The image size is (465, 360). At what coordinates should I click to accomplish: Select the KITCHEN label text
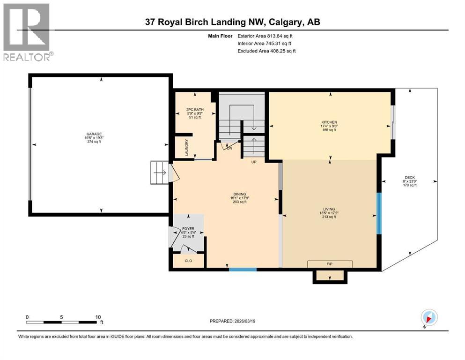click(329, 122)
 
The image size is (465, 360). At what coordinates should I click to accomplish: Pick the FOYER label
click(188, 229)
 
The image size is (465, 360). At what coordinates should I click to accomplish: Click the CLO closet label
click(188, 261)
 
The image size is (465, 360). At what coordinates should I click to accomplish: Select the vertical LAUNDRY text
click(186, 147)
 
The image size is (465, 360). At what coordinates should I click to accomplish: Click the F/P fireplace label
click(329, 264)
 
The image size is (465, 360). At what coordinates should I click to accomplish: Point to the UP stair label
click(254, 162)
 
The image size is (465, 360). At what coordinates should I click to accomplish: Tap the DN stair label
click(229, 148)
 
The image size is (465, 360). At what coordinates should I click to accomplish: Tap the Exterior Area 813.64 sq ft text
click(266, 36)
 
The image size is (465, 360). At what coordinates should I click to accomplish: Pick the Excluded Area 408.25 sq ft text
click(266, 51)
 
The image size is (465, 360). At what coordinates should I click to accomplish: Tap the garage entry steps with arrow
click(159, 172)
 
